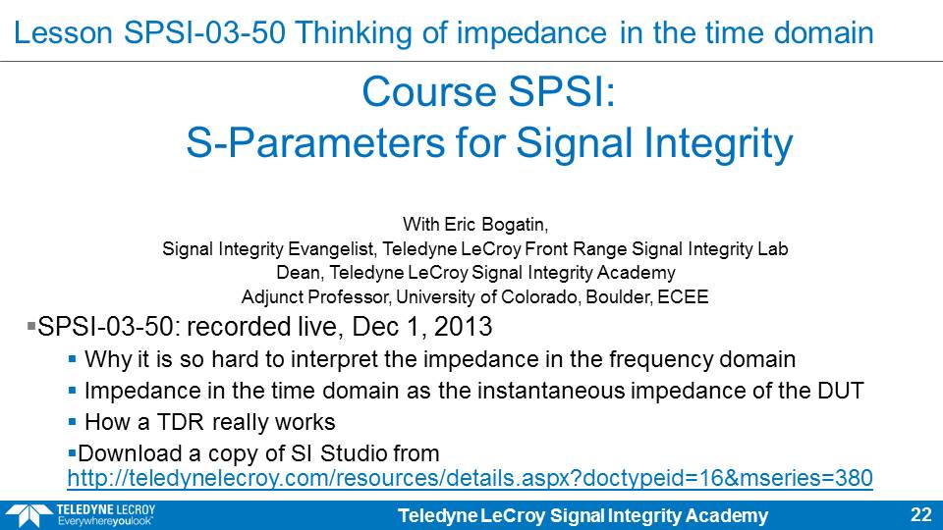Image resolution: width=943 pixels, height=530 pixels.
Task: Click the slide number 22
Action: coord(921,514)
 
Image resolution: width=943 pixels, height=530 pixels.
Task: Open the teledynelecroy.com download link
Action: coord(470,478)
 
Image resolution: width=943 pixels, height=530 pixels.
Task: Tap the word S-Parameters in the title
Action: coord(315,144)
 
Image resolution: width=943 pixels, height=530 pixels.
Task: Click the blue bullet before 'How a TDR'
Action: coord(72,422)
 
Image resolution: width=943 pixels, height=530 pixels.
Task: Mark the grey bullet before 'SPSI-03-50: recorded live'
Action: coord(31,326)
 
